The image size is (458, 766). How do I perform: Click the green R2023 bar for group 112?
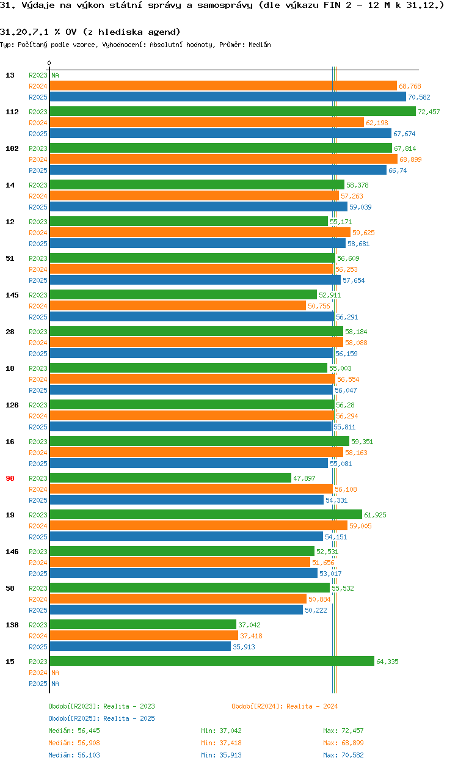[x=232, y=111]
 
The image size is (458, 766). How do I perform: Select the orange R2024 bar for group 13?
[x=223, y=86]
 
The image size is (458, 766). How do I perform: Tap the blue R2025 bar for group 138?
[x=140, y=646]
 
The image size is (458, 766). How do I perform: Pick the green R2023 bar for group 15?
[x=211, y=661]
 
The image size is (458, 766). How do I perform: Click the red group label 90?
[x=10, y=478]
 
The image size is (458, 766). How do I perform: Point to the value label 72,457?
[x=429, y=112]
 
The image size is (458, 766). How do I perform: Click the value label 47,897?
[x=304, y=478]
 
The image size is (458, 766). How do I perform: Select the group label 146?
[x=12, y=552]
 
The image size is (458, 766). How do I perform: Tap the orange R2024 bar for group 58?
[x=178, y=599]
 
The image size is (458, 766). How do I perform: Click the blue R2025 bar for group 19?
[x=186, y=536]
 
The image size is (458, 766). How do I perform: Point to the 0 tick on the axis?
[x=49, y=64]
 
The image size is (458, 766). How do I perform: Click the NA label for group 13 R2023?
[x=55, y=75]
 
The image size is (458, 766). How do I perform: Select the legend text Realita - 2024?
[x=312, y=706]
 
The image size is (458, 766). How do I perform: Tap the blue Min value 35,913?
[x=234, y=755]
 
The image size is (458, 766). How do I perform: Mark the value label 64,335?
[x=387, y=662]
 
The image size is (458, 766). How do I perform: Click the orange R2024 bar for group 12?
[x=200, y=232]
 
